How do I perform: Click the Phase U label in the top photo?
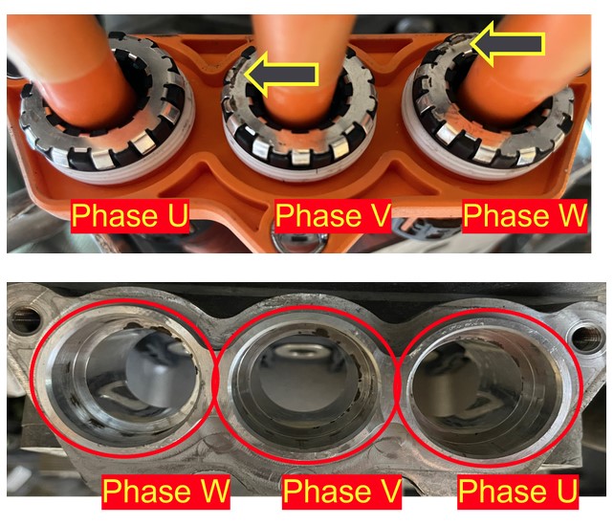pos(130,215)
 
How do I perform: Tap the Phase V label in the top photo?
pos(333,215)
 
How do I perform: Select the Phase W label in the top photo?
pos(525,215)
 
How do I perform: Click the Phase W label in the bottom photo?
pos(166,491)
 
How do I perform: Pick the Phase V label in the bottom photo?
pos(342,491)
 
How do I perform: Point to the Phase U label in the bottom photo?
pos(518,491)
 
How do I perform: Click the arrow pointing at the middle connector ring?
pos(281,74)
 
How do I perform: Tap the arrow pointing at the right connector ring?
pos(508,43)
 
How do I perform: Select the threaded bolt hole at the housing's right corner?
pos(586,337)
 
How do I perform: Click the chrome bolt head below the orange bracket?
pos(298,240)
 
